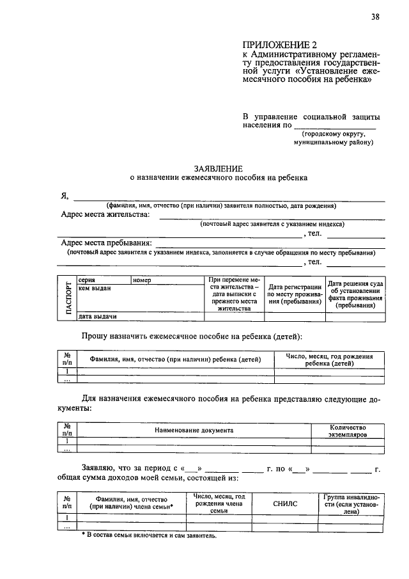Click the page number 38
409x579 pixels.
tap(375, 17)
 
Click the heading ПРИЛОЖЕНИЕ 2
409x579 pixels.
tap(279, 44)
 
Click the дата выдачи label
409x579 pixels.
tap(96, 316)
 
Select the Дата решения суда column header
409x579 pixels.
tap(355, 294)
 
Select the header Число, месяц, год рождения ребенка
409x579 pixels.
tap(329, 359)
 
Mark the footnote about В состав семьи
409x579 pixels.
tap(150, 535)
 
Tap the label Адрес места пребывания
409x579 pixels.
tap(106, 243)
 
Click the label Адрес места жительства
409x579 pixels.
tap(105, 215)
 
